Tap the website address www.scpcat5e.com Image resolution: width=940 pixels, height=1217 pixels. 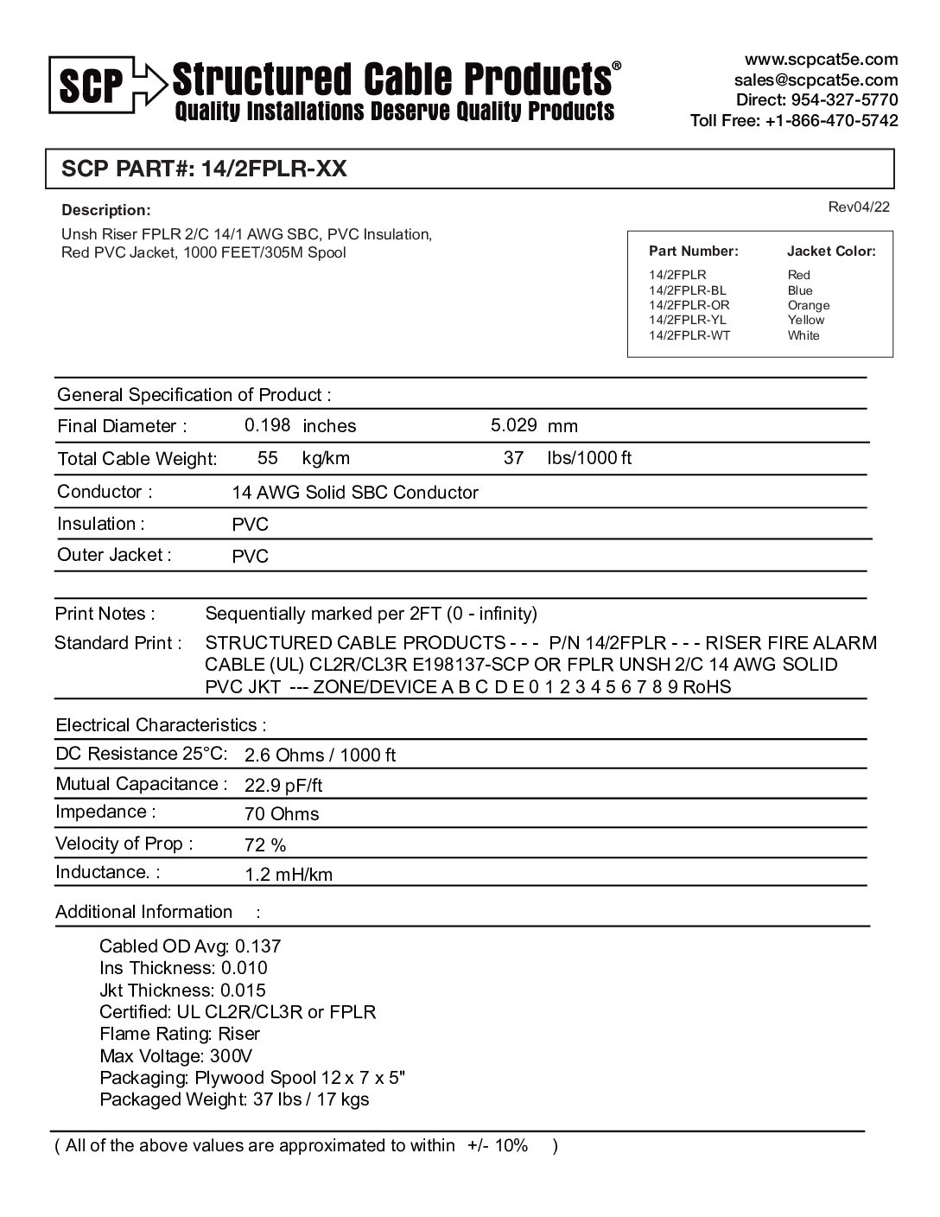821,60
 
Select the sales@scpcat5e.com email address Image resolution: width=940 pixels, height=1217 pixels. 816,80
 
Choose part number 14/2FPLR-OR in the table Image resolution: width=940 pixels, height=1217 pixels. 689,305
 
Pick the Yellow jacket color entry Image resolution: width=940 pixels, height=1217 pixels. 805,320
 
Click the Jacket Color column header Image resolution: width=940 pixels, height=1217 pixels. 830,252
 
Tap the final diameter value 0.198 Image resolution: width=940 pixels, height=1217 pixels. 267,425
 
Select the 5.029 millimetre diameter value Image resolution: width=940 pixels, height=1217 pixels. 513,425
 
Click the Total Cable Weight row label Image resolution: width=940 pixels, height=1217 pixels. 137,459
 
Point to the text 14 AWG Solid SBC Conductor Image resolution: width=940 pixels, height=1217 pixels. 354,493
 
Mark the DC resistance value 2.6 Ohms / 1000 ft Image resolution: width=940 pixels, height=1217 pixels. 320,755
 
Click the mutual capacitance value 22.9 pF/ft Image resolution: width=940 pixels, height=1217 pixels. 283,786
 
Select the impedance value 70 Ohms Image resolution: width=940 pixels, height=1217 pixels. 282,814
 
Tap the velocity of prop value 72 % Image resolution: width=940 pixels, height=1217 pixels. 265,844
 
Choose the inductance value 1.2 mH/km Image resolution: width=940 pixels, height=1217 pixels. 289,875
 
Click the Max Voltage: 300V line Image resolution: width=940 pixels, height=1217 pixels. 175,1055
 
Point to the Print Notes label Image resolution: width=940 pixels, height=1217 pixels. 105,614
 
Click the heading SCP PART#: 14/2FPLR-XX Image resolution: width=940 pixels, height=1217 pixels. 205,169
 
